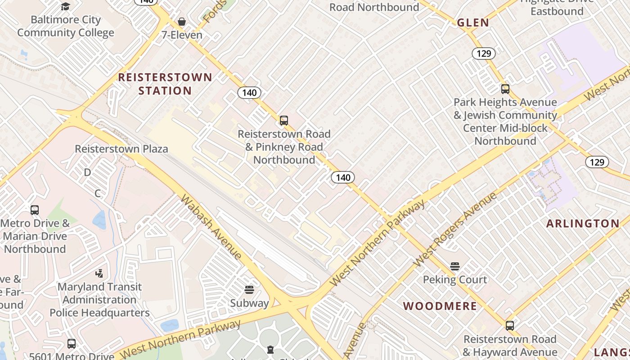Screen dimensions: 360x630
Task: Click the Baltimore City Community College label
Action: click(x=66, y=26)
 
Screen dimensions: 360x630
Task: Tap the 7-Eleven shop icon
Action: click(x=182, y=22)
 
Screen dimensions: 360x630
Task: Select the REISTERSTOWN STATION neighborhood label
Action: click(x=165, y=84)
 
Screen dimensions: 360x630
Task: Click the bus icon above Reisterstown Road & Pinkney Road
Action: click(x=283, y=121)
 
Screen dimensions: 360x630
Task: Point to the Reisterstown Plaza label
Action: click(x=121, y=149)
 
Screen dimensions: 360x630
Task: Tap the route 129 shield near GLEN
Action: click(x=483, y=54)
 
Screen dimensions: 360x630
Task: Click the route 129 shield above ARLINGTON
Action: click(x=597, y=162)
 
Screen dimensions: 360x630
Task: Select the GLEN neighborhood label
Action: click(x=473, y=23)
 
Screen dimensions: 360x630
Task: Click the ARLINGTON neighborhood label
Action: click(x=583, y=224)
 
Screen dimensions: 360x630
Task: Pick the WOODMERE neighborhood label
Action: click(x=440, y=306)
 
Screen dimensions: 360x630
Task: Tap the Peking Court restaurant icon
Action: click(x=454, y=266)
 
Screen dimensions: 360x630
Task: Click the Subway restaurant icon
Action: click(x=249, y=289)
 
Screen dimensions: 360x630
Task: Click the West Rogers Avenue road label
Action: click(x=454, y=229)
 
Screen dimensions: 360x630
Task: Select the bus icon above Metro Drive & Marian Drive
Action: click(x=35, y=210)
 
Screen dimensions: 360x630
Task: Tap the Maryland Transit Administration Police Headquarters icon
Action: click(x=99, y=273)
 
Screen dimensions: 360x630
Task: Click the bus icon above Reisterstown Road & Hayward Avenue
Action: click(x=509, y=326)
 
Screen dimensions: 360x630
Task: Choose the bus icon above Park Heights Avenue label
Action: click(x=505, y=89)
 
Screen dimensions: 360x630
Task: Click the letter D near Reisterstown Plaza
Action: click(x=87, y=172)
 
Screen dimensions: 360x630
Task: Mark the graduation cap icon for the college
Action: click(x=66, y=6)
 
